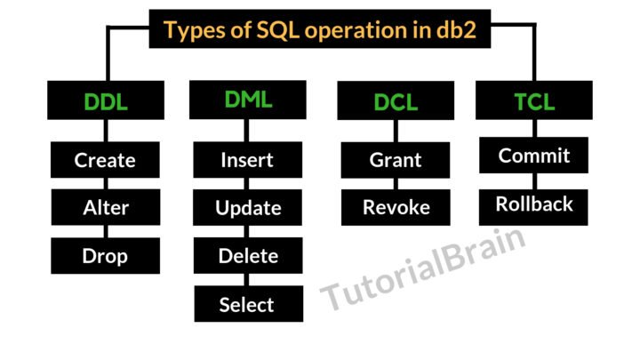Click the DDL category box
104,101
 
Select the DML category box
247,100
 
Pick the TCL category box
534,100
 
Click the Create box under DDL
105,161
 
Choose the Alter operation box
105,208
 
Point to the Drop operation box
105,256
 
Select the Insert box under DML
247,161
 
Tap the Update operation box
248,208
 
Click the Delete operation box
248,256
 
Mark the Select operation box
247,304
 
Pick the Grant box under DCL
396,161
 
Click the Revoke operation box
396,207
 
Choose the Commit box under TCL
534,156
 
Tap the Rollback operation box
534,204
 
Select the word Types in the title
196,30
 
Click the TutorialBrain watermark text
422,268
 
